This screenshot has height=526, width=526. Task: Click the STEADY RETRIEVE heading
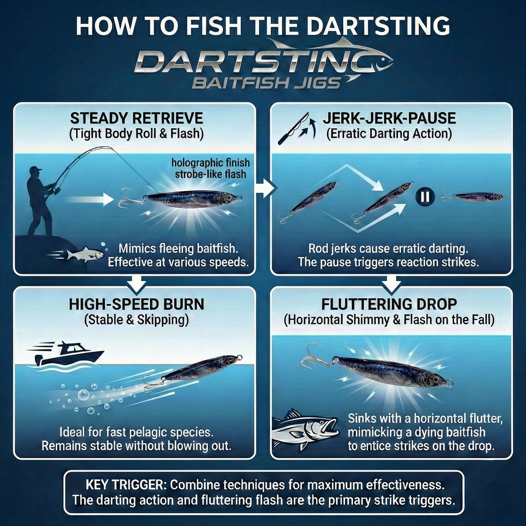[136, 119]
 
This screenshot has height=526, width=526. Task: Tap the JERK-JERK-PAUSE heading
[389, 119]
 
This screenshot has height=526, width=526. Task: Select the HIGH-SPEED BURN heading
[136, 304]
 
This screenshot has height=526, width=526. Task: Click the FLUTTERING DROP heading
[389, 304]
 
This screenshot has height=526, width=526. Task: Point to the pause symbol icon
[425, 197]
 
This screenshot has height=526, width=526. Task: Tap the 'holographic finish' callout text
[210, 163]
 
